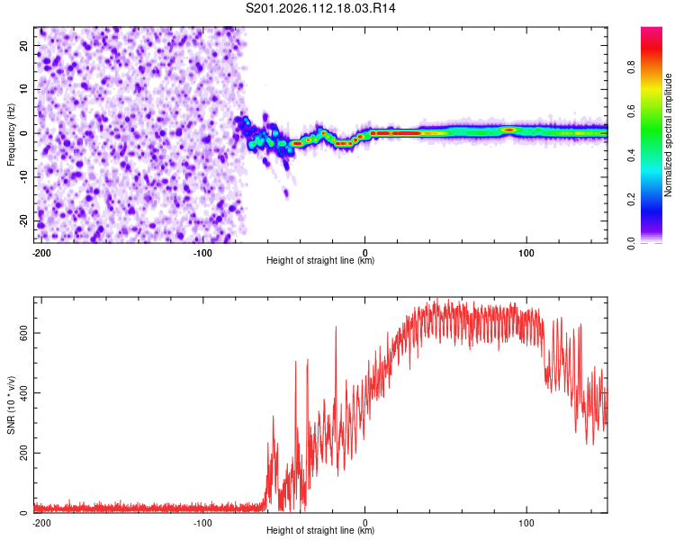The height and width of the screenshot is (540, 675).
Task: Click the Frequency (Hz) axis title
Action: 11,133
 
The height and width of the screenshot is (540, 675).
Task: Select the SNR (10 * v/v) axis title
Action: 11,405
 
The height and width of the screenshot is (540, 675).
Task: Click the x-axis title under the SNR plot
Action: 320,531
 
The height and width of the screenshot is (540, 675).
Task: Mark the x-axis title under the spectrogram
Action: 320,261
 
